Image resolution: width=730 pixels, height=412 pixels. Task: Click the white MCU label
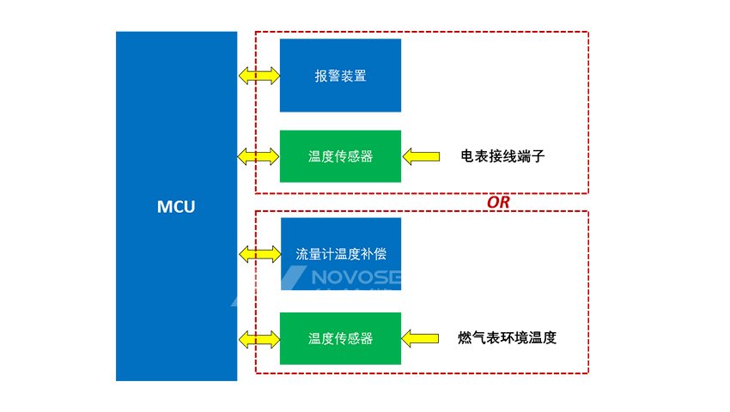[x=176, y=207]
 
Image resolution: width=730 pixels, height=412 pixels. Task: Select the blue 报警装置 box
[x=340, y=76]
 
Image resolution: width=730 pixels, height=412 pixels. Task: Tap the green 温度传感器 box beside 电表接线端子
[x=340, y=156]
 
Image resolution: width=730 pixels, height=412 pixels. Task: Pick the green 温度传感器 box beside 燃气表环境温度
[x=340, y=338]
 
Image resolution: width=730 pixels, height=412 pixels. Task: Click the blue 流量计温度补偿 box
[x=341, y=254]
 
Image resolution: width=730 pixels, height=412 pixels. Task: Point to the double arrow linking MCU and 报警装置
[x=259, y=76]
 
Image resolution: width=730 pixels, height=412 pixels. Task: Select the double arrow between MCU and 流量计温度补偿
[x=259, y=254]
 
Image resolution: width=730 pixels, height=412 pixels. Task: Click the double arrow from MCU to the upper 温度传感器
[x=258, y=156]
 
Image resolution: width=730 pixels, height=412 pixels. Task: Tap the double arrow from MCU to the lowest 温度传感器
[x=258, y=338]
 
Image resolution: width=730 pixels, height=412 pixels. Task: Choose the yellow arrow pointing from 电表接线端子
[x=420, y=156]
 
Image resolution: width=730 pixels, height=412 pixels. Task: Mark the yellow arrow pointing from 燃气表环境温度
[x=420, y=338]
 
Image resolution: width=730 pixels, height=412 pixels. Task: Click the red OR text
[x=498, y=203]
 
